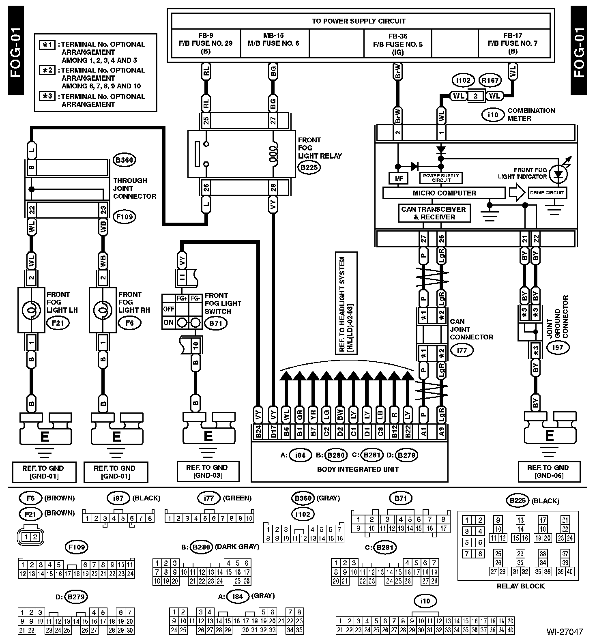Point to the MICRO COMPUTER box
444,193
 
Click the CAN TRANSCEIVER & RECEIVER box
434,213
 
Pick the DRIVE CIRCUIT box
547,193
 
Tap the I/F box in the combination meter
396,178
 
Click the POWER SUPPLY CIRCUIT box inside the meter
441,178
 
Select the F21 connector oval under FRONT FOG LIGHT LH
58,323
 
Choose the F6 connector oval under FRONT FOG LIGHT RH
130,323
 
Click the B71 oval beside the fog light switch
216,323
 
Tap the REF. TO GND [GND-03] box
208,471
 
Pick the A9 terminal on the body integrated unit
442,432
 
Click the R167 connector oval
489,80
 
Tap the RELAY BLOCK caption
520,586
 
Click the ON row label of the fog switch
168,323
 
